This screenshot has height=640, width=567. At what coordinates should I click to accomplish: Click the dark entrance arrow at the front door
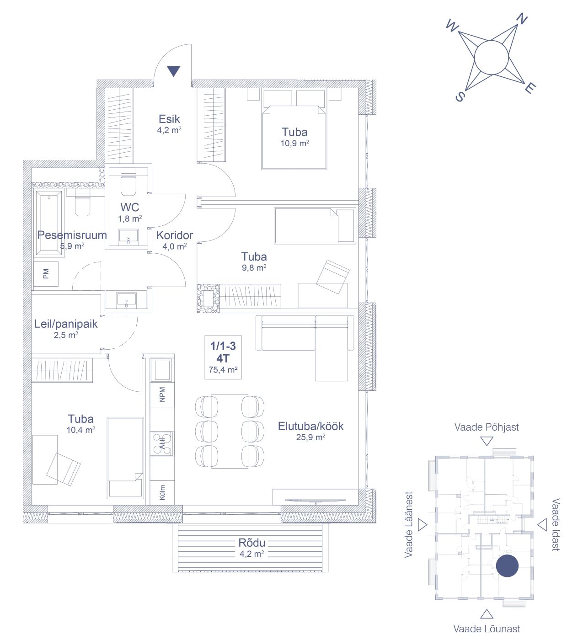click(173, 71)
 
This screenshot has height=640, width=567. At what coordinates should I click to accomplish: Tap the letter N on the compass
click(522, 19)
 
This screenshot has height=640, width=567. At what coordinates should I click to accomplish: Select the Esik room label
click(169, 119)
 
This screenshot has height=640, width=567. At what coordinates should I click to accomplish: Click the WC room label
click(129, 207)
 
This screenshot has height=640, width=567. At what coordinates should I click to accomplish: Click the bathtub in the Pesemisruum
click(49, 223)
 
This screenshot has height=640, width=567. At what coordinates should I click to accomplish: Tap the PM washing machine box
click(46, 274)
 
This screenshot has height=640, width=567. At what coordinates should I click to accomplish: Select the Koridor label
click(175, 235)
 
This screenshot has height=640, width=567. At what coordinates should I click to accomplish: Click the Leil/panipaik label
click(66, 324)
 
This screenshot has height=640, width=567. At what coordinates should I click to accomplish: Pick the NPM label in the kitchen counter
click(162, 395)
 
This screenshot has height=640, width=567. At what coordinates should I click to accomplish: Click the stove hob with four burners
click(162, 443)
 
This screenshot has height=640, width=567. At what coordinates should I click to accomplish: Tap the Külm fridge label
click(162, 492)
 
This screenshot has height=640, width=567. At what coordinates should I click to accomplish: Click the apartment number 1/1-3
click(223, 346)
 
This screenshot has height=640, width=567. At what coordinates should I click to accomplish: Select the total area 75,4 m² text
click(223, 369)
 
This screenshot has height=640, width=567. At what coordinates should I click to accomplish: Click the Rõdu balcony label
click(251, 543)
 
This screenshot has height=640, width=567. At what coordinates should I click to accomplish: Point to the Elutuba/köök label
click(310, 426)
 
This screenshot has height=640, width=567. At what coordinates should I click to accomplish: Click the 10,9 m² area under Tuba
click(294, 143)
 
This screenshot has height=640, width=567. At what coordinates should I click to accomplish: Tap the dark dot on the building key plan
click(507, 566)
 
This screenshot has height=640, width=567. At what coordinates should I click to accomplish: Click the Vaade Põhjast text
click(487, 427)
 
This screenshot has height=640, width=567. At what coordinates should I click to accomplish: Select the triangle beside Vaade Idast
click(542, 525)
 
